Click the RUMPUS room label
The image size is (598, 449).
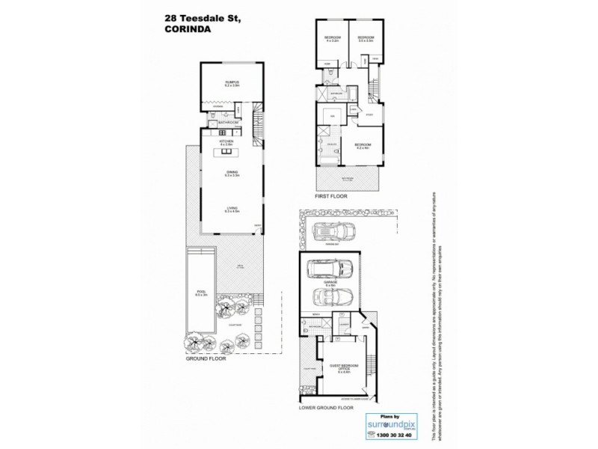[231, 83]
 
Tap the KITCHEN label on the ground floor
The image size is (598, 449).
[227, 141]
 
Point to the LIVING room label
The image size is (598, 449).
[231, 210]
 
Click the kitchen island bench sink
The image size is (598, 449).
[224, 153]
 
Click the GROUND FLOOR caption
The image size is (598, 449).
[206, 358]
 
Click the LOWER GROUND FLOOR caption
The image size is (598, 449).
[326, 409]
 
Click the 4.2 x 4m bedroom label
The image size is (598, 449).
[363, 147]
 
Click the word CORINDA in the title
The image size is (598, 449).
[185, 30]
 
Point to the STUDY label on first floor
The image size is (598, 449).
[370, 114]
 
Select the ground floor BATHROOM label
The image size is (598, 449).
[228, 122]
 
